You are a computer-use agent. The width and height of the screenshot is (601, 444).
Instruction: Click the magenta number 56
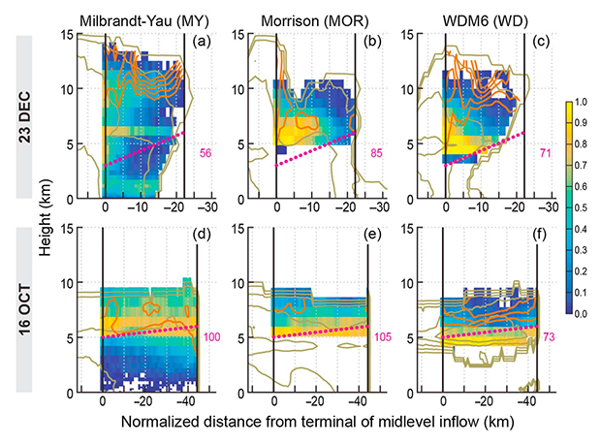206,155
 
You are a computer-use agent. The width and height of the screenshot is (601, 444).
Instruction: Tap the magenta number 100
208,335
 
